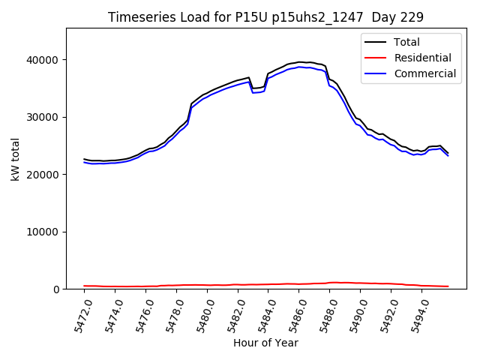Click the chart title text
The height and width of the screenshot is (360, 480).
click(x=265, y=17)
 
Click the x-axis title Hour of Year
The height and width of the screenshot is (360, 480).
click(x=265, y=343)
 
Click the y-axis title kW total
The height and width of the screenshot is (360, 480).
click(x=15, y=159)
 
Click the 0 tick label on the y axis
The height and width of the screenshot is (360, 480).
click(x=56, y=289)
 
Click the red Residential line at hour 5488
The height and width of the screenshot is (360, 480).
click(x=330, y=283)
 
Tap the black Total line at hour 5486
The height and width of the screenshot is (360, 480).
click(x=299, y=62)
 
